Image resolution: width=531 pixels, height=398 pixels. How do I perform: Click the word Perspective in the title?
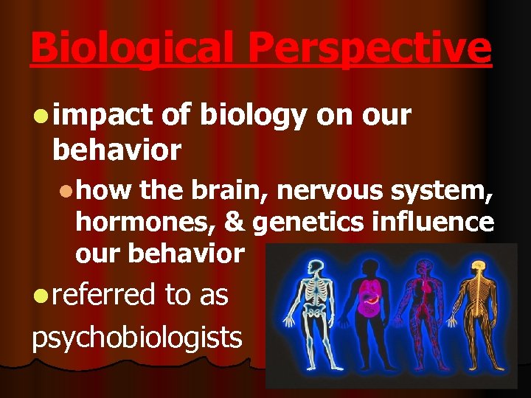369,49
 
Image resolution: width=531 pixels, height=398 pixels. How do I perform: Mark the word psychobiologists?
136,338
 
